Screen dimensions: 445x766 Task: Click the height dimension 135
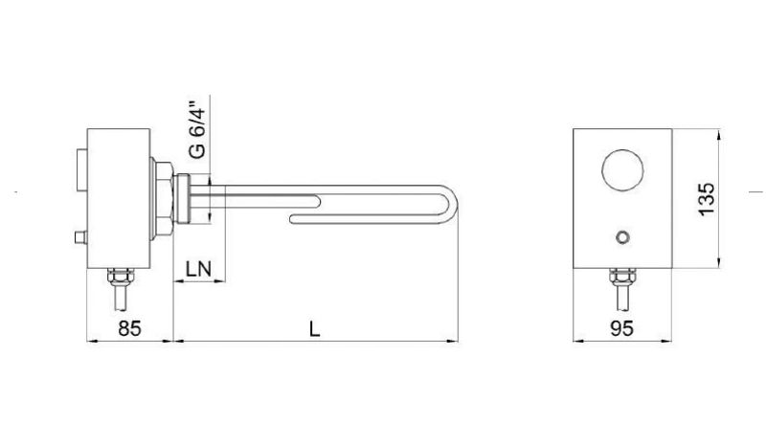coord(706,198)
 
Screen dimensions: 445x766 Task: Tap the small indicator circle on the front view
coord(623,235)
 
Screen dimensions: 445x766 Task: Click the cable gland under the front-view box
coord(623,279)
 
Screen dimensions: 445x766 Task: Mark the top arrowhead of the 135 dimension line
coord(720,134)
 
